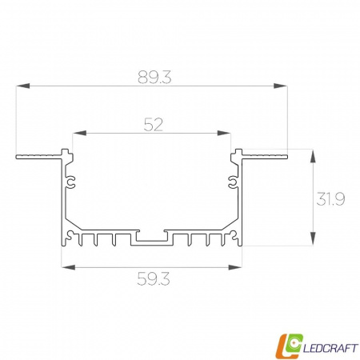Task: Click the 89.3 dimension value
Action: [x=154, y=77]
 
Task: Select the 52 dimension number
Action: [x=154, y=125]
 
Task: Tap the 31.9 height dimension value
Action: [x=330, y=199]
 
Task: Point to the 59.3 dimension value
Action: [x=154, y=279]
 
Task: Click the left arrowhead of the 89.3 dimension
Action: [x=22, y=86]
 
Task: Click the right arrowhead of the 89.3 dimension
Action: [x=281, y=86]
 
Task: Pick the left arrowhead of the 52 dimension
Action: [x=79, y=133]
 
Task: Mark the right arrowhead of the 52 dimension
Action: [x=224, y=133]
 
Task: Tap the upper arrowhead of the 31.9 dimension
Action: [x=313, y=156]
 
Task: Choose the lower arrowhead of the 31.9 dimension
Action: [x=313, y=238]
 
